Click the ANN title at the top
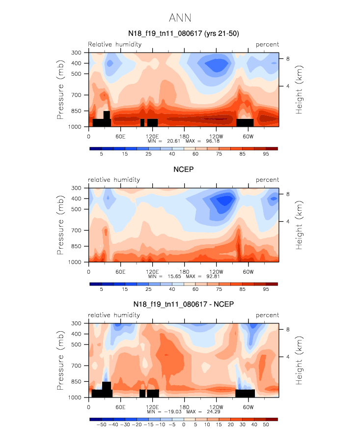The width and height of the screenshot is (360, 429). pyautogui.click(x=180, y=18)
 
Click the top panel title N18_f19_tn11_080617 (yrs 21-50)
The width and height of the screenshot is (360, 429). pyautogui.click(x=184, y=33)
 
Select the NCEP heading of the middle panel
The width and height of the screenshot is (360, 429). pyautogui.click(x=183, y=170)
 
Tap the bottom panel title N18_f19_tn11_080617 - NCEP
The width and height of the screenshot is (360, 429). pyautogui.click(x=183, y=304)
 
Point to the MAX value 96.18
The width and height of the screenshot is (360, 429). pyautogui.click(x=213, y=141)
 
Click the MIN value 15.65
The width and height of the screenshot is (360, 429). pyautogui.click(x=174, y=276)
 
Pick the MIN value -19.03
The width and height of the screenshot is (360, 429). pyautogui.click(x=173, y=411)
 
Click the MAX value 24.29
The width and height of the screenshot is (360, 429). pyautogui.click(x=214, y=411)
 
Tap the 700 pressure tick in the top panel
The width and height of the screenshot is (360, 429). pyautogui.click(x=76, y=95)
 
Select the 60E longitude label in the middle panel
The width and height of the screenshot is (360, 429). pyautogui.click(x=120, y=272)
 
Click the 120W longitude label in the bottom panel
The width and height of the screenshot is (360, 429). pyautogui.click(x=216, y=407)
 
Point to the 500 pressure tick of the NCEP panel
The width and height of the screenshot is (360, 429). pyautogui.click(x=76, y=209)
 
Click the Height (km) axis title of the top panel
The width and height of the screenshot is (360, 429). pyautogui.click(x=299, y=90)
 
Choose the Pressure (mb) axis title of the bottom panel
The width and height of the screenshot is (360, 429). pyautogui.click(x=60, y=360)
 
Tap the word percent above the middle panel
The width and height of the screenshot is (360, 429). pyautogui.click(x=267, y=180)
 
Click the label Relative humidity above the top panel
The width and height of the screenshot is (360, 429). pyautogui.click(x=115, y=44)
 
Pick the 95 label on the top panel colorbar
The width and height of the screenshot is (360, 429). pyautogui.click(x=266, y=154)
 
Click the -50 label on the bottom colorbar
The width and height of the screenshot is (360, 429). pyautogui.click(x=101, y=425)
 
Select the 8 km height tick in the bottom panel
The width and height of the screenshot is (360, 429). pyautogui.click(x=288, y=329)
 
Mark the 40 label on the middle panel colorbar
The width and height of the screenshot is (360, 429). pyautogui.click(x=172, y=289)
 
